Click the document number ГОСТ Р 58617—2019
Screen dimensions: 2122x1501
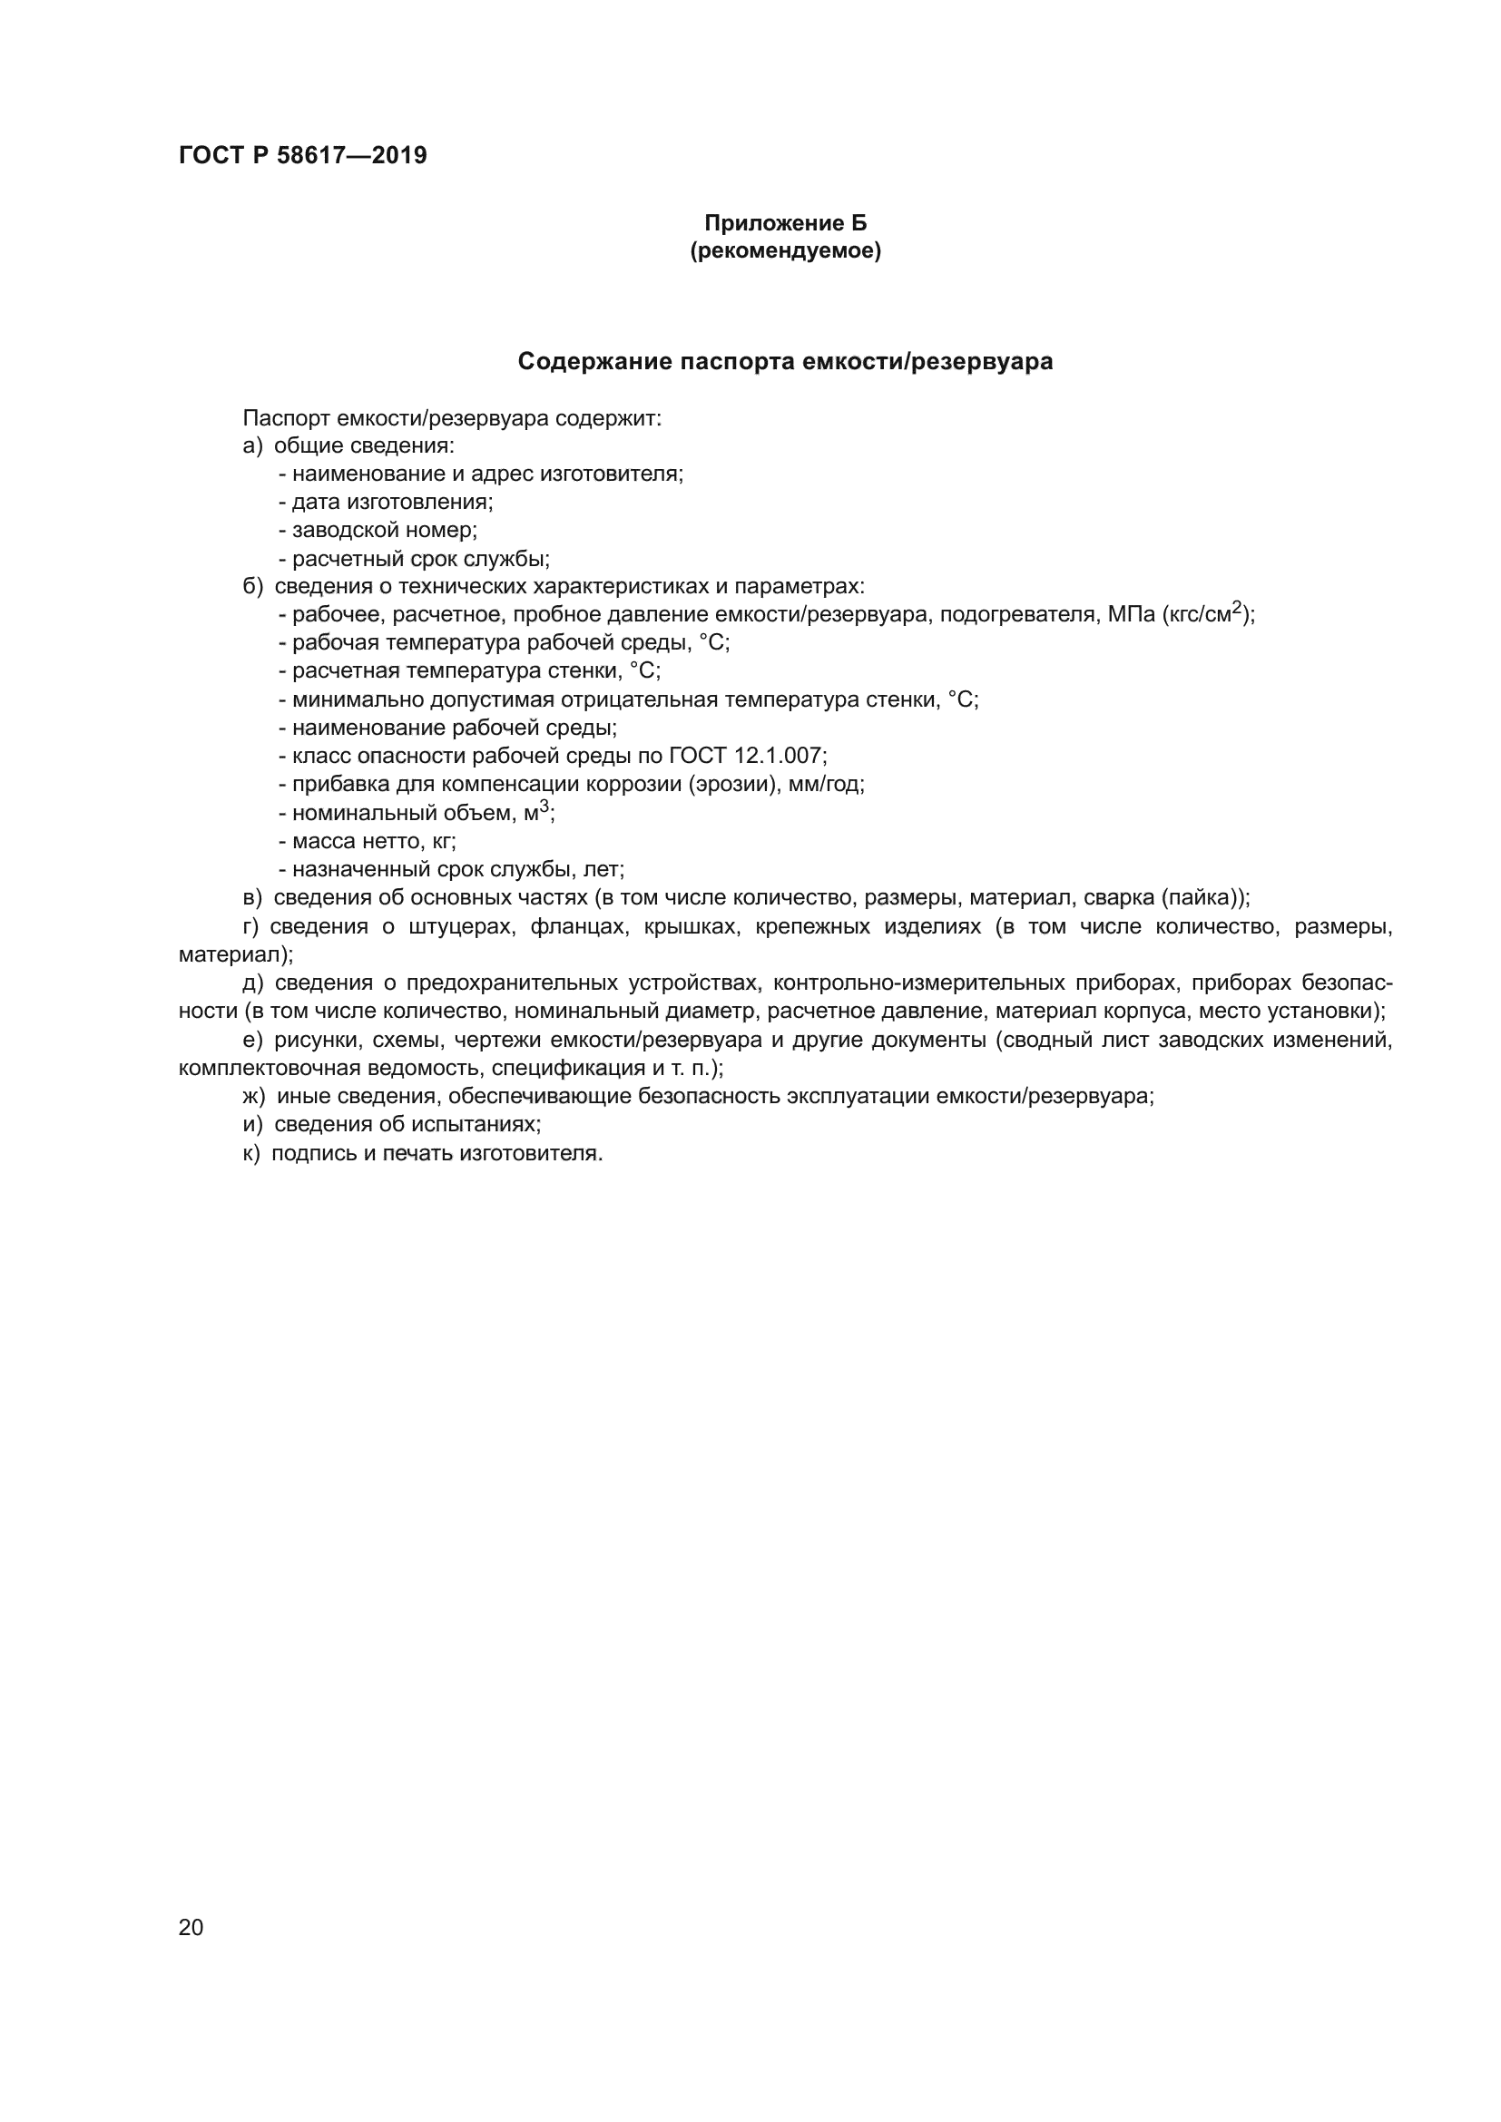coord(302,155)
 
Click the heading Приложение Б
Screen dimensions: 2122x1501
coord(785,223)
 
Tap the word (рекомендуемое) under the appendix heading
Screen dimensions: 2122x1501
coord(785,250)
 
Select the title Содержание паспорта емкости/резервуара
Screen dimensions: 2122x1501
coord(785,361)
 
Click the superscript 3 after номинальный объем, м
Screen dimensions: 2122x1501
coord(544,807)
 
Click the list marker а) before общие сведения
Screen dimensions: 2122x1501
coord(252,446)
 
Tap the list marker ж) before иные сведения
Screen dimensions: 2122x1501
coord(253,1096)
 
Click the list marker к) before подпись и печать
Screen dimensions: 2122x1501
coord(251,1153)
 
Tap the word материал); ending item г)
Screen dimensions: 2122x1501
coord(236,953)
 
